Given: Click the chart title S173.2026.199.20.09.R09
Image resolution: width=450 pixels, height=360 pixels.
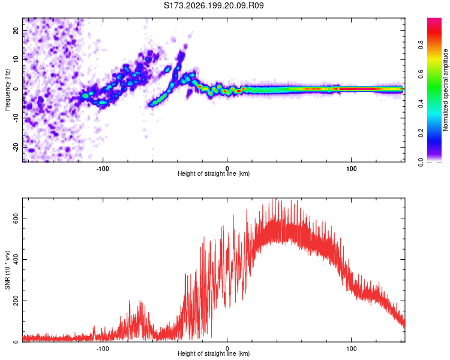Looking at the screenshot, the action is pyautogui.click(x=214, y=5).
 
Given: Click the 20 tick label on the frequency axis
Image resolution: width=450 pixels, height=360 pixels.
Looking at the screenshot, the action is pyautogui.click(x=16, y=31).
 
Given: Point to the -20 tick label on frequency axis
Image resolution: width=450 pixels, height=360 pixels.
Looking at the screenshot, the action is pyautogui.click(x=16, y=147).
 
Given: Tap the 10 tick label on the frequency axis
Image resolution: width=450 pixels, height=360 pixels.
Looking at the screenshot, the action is pyautogui.click(x=16, y=59).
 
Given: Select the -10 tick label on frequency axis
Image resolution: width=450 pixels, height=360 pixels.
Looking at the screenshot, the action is pyautogui.click(x=16, y=118).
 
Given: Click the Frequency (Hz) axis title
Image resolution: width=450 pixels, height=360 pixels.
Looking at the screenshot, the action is pyautogui.click(x=7, y=90).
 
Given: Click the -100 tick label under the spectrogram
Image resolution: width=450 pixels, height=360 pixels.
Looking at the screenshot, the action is pyautogui.click(x=103, y=169).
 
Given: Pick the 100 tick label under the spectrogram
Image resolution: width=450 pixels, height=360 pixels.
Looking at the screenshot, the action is pyautogui.click(x=351, y=169).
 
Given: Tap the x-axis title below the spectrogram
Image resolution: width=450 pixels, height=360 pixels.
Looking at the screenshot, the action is pyautogui.click(x=214, y=173).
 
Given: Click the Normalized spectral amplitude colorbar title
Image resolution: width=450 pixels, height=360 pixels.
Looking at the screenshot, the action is pyautogui.click(x=445, y=90).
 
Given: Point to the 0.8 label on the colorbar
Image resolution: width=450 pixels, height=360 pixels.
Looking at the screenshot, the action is pyautogui.click(x=421, y=45).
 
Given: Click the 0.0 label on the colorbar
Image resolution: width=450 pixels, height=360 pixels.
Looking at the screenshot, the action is pyautogui.click(x=421, y=163).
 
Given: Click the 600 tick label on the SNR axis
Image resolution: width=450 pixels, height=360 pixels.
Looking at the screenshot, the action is pyautogui.click(x=16, y=218).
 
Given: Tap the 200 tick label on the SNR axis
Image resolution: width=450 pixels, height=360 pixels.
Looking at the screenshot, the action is pyautogui.click(x=16, y=301).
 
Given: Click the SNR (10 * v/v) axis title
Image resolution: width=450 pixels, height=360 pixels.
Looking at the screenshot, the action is pyautogui.click(x=7, y=270).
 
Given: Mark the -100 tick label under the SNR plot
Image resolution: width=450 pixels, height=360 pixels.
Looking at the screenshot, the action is pyautogui.click(x=103, y=349).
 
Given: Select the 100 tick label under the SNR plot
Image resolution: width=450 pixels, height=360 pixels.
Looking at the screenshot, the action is pyautogui.click(x=351, y=349).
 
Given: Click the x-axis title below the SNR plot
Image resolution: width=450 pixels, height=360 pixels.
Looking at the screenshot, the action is pyautogui.click(x=214, y=353).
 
